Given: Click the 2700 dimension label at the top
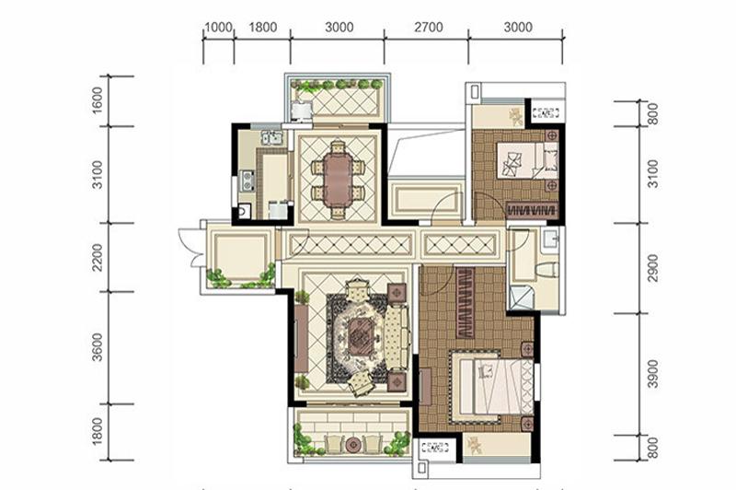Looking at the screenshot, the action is point(428,28).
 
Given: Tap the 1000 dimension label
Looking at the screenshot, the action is point(219,28).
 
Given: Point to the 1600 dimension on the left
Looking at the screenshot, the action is point(98,100).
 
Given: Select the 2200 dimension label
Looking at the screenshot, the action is point(98,257).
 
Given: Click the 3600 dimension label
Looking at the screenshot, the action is point(98,346).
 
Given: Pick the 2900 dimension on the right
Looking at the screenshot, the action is point(652,268).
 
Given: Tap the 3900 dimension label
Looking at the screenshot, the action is point(652,374).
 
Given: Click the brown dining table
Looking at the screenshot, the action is point(338,180).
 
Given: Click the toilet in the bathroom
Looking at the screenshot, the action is point(547,271).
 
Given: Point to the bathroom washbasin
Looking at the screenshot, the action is point(549,239).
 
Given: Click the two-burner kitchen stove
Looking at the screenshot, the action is point(247,181).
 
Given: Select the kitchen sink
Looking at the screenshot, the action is point(271,137).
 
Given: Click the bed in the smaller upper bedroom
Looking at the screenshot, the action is point(527,160).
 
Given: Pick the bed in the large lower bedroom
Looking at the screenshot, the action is point(494,387).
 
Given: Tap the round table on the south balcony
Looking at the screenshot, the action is point(352,444).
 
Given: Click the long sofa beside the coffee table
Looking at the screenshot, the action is point(397,336).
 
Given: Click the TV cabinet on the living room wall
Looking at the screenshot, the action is point(301,339).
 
